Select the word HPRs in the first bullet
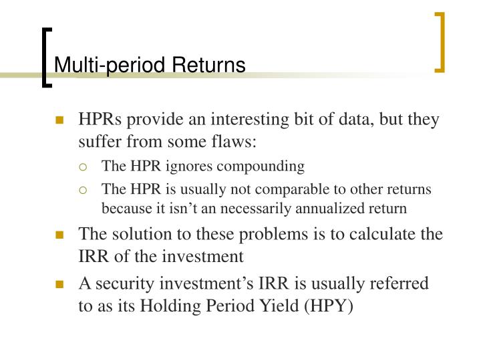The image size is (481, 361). [100, 120]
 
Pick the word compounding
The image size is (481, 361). [266, 165]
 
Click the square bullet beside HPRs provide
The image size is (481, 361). [60, 121]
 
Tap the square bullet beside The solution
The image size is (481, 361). [60, 235]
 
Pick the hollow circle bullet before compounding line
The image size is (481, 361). [85, 166]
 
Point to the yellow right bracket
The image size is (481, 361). [440, 41]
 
